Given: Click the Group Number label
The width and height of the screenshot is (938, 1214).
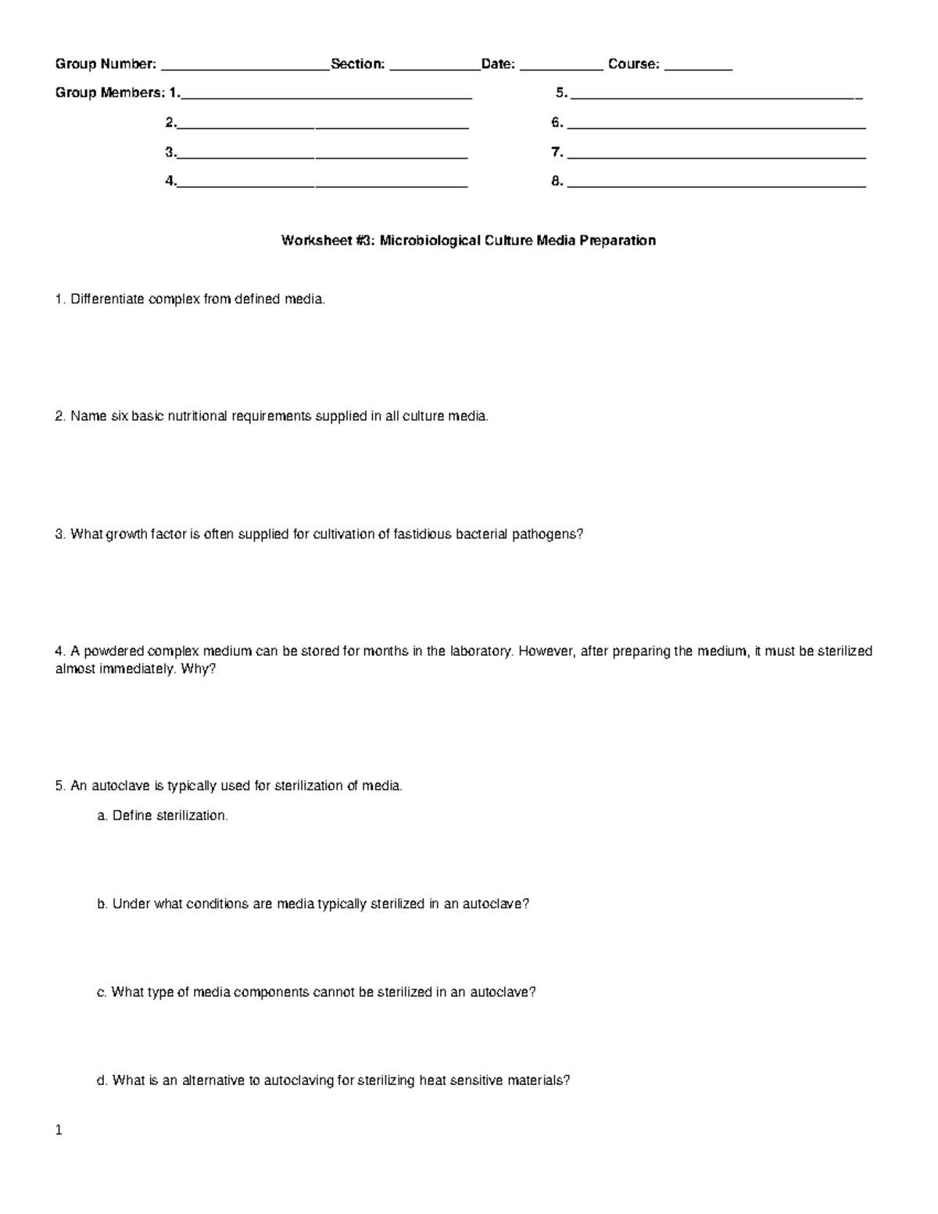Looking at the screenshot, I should pos(105,64).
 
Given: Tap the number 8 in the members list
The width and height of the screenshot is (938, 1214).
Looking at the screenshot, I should pos(556,181).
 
